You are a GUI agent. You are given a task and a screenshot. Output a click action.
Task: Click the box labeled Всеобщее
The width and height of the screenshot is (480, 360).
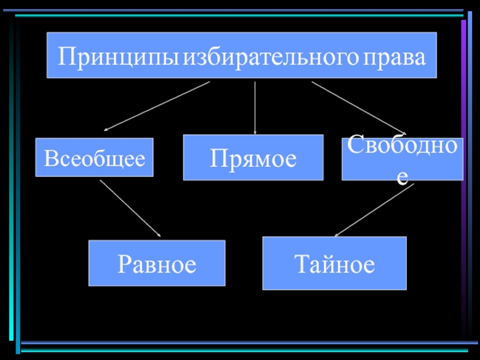click(x=94, y=157)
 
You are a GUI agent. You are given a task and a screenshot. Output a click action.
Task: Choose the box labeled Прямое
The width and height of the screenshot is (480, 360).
click(x=253, y=157)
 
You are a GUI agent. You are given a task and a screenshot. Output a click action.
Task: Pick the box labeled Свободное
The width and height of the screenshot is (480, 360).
click(x=402, y=158)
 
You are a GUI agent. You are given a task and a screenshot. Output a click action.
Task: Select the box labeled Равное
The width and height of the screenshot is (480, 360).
click(x=157, y=263)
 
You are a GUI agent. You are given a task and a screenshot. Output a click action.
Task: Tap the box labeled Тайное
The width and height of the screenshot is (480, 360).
click(x=334, y=263)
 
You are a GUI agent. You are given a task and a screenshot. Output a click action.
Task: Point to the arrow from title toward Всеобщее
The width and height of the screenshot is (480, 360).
click(x=157, y=106)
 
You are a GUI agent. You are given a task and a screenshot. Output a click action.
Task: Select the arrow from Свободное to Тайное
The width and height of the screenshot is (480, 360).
click(x=374, y=210)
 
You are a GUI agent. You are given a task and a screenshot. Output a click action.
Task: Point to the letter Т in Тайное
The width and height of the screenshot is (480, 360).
click(x=301, y=264)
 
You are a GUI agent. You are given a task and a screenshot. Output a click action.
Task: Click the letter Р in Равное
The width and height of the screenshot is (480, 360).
click(x=124, y=264)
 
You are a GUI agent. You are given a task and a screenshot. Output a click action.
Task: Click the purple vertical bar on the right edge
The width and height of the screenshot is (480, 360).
click(x=463, y=180)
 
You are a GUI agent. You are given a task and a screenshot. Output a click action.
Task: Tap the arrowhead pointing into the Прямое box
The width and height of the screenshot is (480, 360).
click(x=255, y=132)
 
